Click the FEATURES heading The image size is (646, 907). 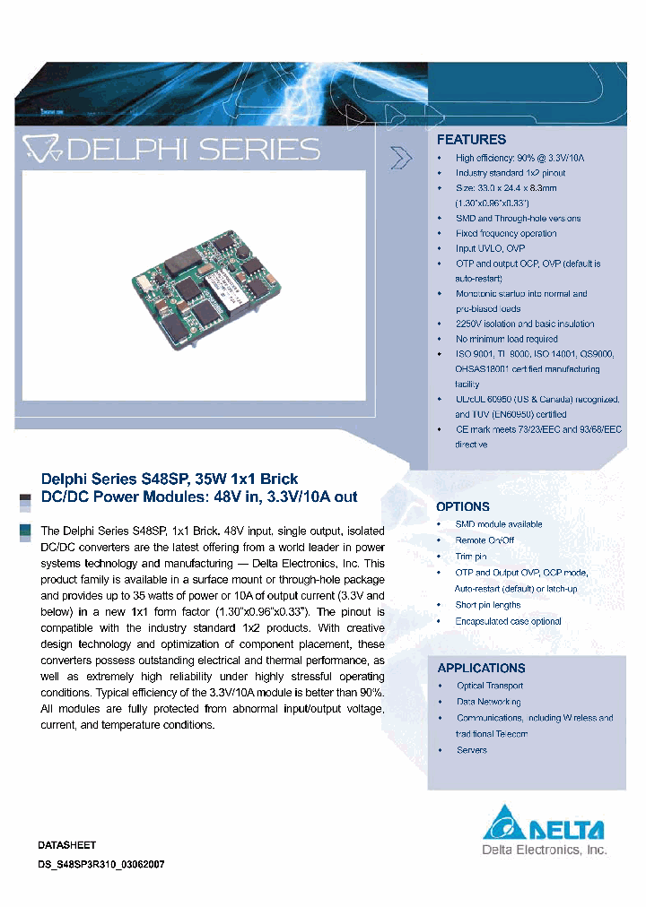coord(471,140)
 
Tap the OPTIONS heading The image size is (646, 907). coord(463,506)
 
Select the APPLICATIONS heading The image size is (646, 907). coord(481,668)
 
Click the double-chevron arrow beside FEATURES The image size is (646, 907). coord(402,158)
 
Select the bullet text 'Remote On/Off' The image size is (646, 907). coord(484,540)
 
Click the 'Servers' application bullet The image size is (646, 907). coord(472,750)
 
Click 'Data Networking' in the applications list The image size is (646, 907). coord(489,702)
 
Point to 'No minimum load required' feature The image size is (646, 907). coord(506,339)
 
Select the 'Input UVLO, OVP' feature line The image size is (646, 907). coord(490,248)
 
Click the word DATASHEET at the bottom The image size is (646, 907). coord(67,845)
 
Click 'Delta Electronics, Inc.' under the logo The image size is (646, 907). coord(545,849)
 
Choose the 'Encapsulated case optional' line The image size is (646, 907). coord(508,621)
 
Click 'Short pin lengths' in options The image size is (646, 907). coord(488,605)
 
